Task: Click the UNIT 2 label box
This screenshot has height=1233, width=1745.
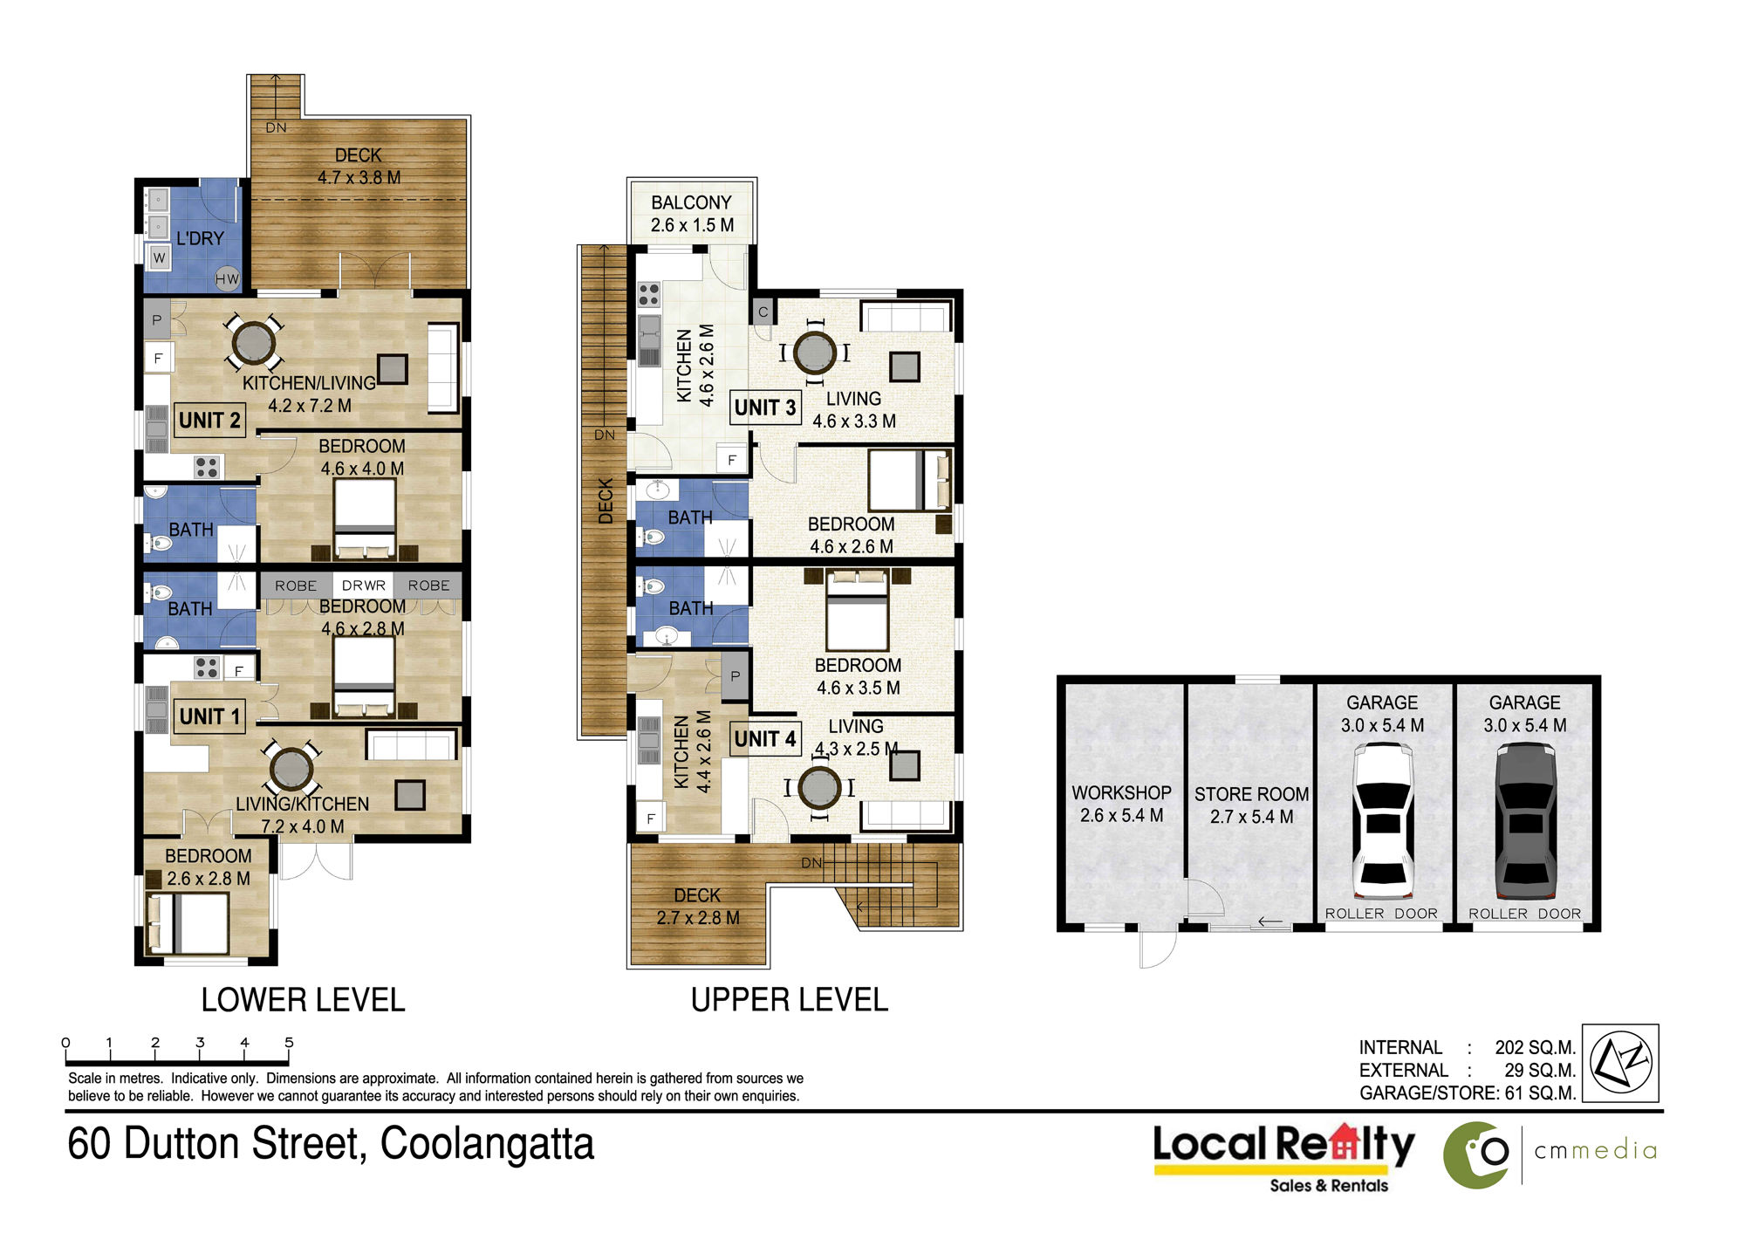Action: click(209, 420)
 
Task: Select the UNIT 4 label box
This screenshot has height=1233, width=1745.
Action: click(765, 739)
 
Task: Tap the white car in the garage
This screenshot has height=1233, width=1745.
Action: click(1382, 820)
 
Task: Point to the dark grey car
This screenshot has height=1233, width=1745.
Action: click(1525, 820)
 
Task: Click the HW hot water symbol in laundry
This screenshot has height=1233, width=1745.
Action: click(227, 279)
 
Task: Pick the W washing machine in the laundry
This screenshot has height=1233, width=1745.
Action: click(159, 257)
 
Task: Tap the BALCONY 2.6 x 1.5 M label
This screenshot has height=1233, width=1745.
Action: click(692, 214)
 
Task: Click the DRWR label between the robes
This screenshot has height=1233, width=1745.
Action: click(363, 586)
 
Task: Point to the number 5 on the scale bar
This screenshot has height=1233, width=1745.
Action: click(289, 1042)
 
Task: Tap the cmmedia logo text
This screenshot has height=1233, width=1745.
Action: click(1595, 1151)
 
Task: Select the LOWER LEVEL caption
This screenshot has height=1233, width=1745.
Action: click(303, 1000)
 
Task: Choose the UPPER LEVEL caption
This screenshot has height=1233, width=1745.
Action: click(790, 1000)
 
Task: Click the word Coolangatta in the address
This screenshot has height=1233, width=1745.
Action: click(487, 1144)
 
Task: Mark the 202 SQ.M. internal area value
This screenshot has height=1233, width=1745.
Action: click(1535, 1047)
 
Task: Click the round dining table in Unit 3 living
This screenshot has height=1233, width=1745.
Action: click(815, 353)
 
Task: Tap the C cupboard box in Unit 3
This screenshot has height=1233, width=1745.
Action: click(763, 312)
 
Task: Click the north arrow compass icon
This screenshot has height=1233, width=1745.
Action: click(1620, 1063)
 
